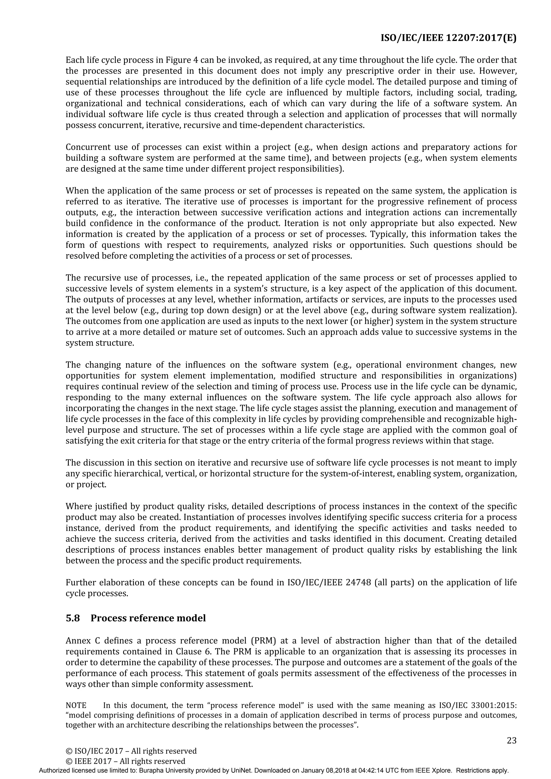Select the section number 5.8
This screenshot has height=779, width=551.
click(73, 618)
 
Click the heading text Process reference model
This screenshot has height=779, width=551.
click(148, 618)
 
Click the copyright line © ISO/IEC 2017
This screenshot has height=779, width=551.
click(131, 751)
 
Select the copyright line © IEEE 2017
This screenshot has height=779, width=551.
click(125, 761)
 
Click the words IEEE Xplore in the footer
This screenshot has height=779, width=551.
click(433, 770)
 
